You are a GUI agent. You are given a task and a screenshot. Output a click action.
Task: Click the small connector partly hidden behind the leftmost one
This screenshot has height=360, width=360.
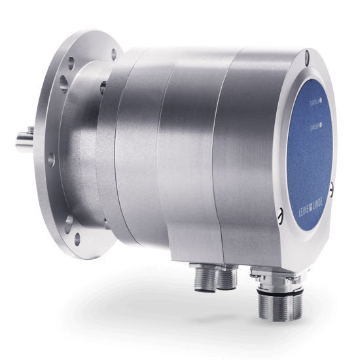tap(225, 276)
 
